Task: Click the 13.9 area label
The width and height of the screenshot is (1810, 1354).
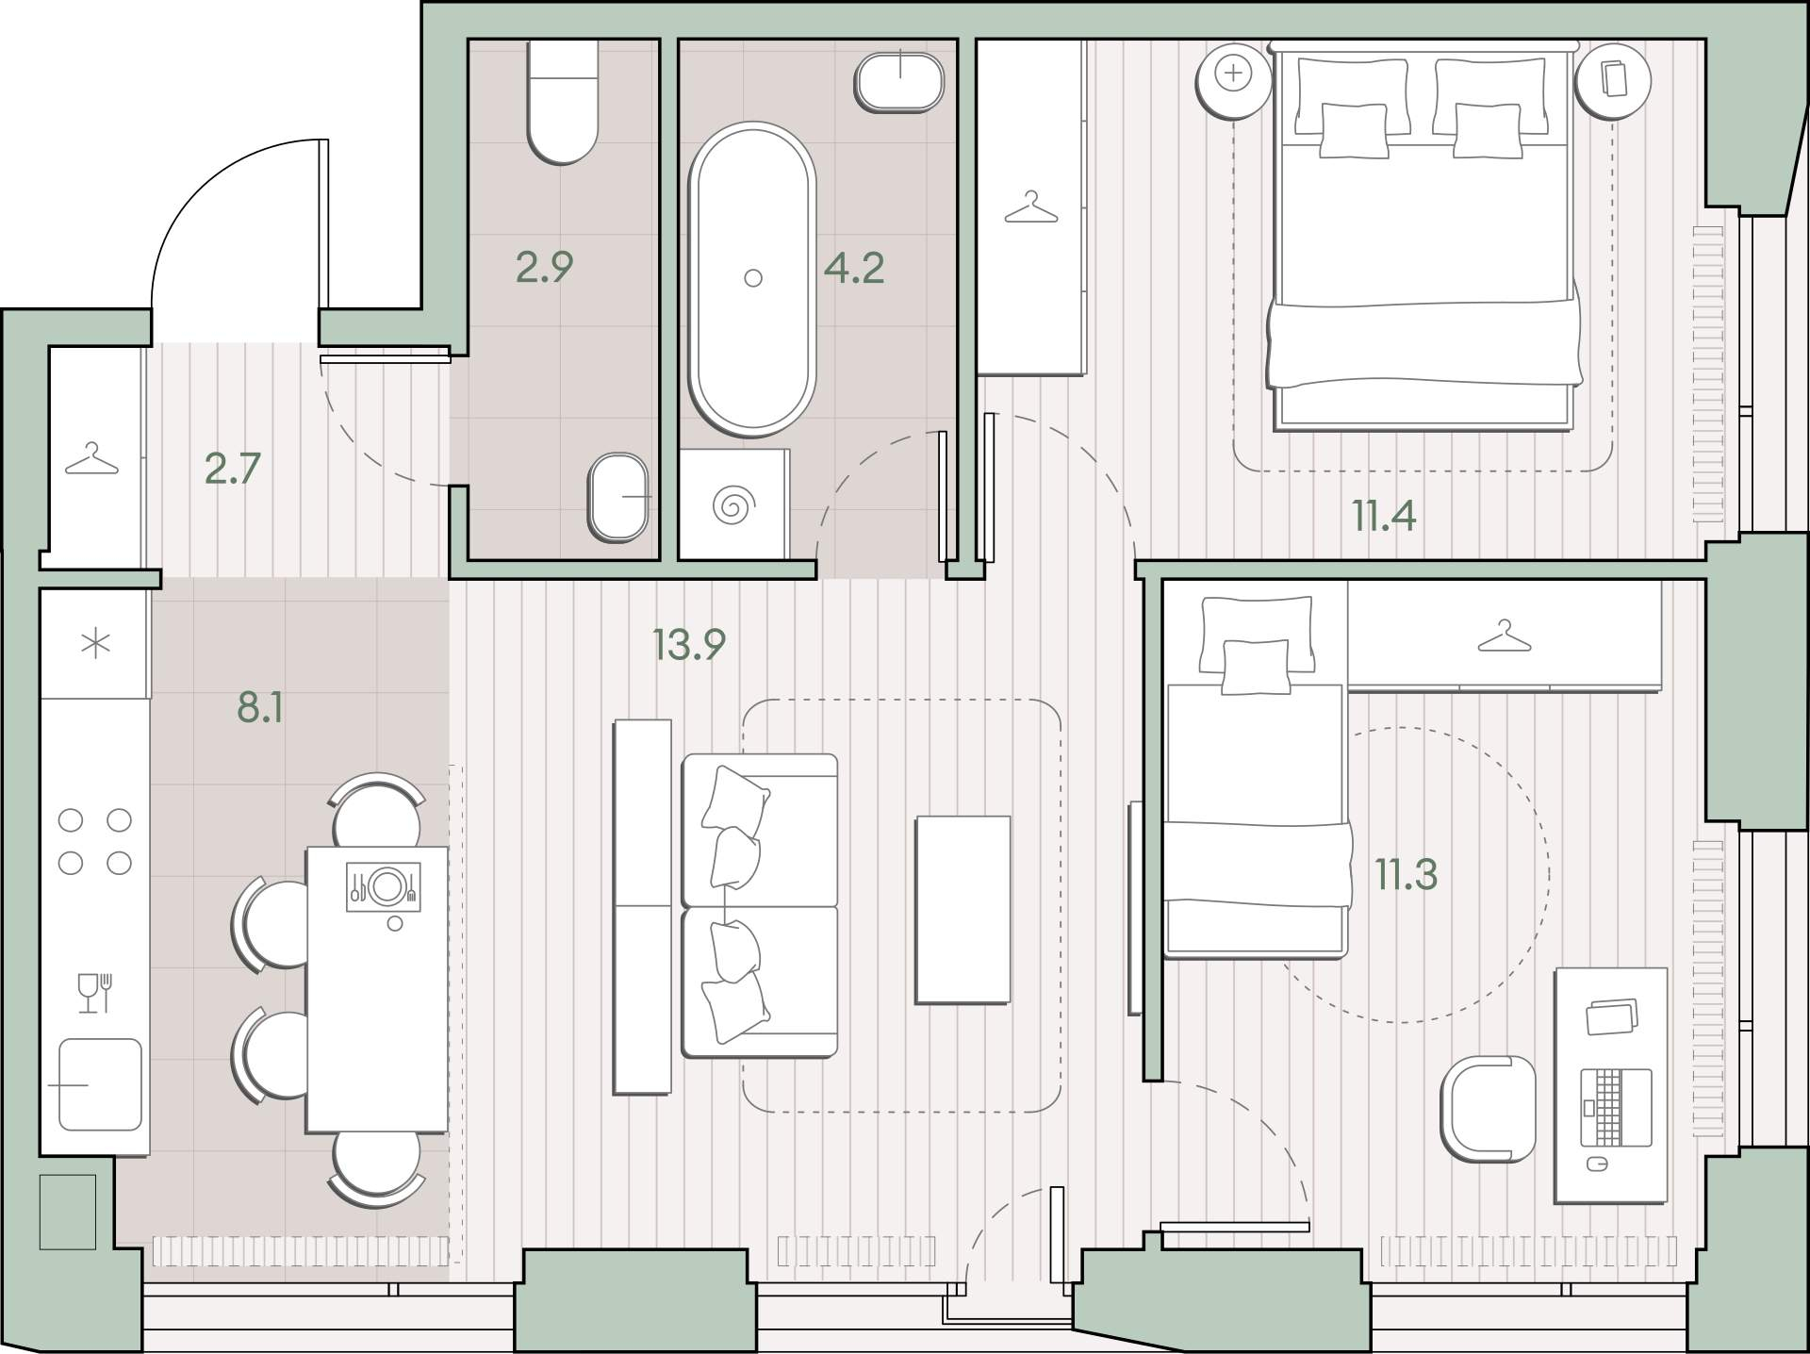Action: pos(689,645)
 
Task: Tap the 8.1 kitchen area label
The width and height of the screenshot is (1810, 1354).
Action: pos(260,706)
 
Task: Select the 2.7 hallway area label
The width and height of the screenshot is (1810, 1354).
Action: pos(233,469)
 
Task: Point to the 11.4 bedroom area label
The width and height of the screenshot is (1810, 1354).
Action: pos(1384,516)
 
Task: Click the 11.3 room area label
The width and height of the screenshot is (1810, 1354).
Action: pos(1407,874)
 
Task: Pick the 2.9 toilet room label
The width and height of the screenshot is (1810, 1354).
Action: pos(545,267)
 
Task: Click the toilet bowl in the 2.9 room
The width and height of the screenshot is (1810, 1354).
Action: pos(563,102)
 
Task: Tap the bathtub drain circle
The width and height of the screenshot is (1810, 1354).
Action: pos(752,278)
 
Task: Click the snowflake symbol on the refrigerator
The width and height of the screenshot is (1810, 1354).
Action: pos(96,645)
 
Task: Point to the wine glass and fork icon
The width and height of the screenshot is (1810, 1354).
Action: pos(96,993)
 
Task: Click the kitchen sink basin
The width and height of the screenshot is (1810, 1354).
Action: pos(100,1084)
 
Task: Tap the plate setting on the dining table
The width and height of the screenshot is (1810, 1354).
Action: pos(384,886)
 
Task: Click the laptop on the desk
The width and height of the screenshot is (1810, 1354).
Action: pos(1617,1107)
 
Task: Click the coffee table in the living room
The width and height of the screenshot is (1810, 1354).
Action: pos(963,910)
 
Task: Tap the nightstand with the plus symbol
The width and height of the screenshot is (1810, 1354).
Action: pos(1234,81)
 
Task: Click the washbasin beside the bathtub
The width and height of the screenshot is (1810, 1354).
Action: pos(899,83)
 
